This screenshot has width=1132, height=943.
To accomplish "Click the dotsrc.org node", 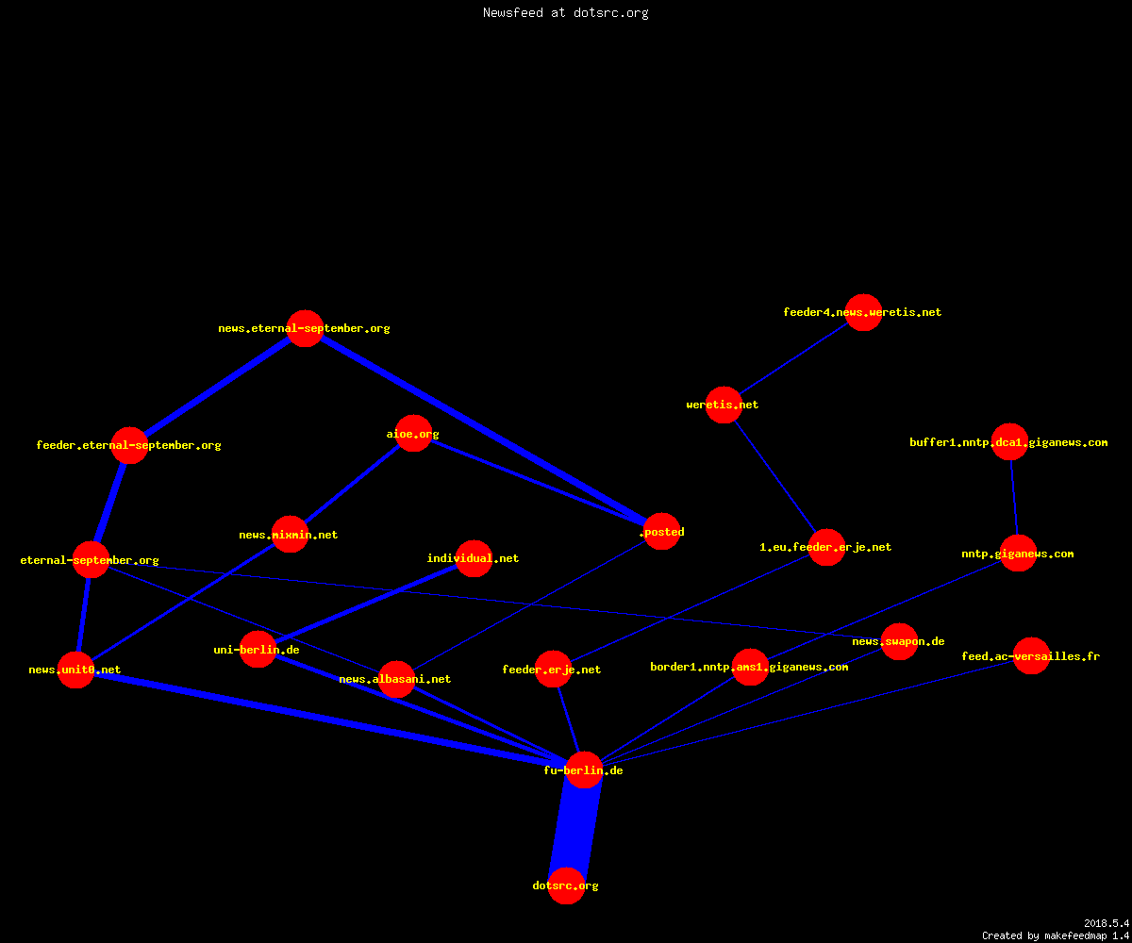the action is (x=566, y=885).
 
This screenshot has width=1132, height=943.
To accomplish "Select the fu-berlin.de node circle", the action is (x=584, y=769).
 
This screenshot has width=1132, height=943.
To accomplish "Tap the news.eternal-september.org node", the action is (x=306, y=328).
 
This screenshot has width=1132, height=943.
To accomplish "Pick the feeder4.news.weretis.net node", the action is (x=864, y=312).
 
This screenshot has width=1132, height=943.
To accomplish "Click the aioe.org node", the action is (x=414, y=434).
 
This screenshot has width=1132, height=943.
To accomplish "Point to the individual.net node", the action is (x=474, y=559).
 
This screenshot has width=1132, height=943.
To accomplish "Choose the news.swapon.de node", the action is (x=899, y=641).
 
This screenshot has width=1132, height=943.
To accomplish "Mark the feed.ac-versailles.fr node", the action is (x=1031, y=655).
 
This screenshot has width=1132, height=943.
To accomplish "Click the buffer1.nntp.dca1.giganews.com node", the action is (x=1009, y=441).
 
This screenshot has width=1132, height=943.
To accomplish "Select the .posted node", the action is (x=661, y=531).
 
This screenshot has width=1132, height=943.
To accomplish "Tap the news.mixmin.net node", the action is (x=290, y=534).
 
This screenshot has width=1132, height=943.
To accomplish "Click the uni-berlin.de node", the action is (x=258, y=650).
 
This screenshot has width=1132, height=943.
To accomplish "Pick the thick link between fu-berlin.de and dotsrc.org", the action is (x=575, y=828).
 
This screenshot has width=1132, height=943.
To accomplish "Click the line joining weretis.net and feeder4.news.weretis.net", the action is (x=793, y=358).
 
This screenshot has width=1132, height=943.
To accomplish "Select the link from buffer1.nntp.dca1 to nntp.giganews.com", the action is (x=1014, y=498).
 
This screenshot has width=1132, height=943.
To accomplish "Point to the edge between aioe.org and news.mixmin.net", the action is (x=352, y=484).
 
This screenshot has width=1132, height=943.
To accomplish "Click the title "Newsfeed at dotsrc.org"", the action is (x=565, y=12).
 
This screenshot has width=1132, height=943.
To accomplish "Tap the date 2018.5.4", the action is (x=1107, y=923).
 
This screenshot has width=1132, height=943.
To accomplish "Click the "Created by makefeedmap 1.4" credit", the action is (x=1056, y=936).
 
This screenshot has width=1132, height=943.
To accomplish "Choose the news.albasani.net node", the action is (x=396, y=679).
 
